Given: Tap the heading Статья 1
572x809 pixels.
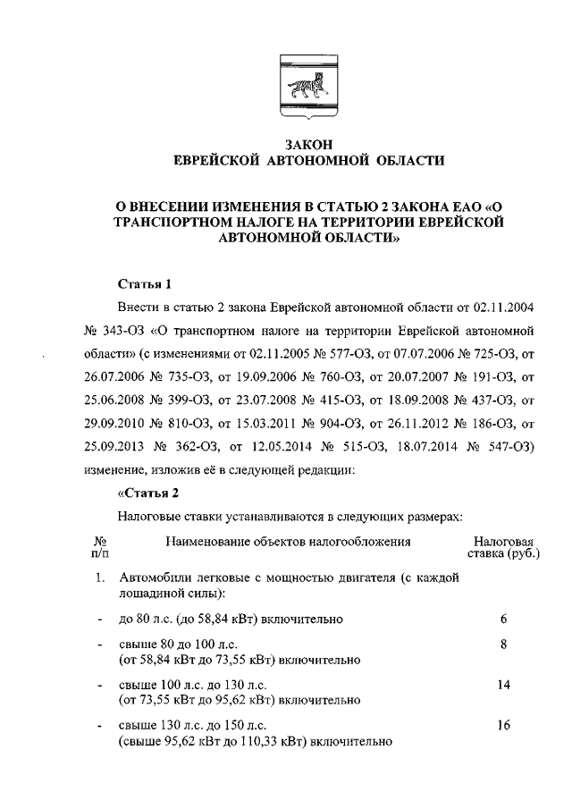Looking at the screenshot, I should [145, 285].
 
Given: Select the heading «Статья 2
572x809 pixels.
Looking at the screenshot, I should [149, 493].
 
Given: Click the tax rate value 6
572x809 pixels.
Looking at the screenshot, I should [503, 619].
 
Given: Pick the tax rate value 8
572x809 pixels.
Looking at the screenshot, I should [503, 644].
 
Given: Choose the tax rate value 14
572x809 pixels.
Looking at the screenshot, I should [503, 684].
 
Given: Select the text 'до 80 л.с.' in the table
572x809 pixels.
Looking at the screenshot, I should [147, 619].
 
